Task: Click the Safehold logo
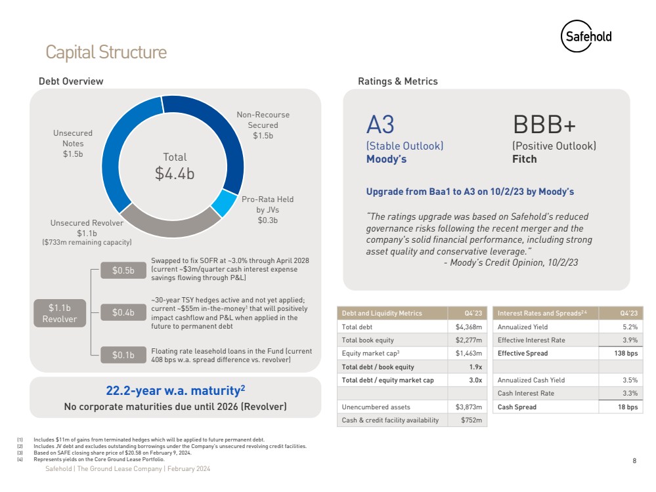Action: (586, 37)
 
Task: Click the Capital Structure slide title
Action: (106, 52)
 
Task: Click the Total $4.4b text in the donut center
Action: (175, 167)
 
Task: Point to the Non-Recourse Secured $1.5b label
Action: (263, 125)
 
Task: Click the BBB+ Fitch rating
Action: (544, 125)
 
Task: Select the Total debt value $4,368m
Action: (468, 327)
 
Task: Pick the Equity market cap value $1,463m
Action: (468, 353)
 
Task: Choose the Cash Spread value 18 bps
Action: (626, 407)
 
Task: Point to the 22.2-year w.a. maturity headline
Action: (175, 391)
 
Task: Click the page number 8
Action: (634, 461)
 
